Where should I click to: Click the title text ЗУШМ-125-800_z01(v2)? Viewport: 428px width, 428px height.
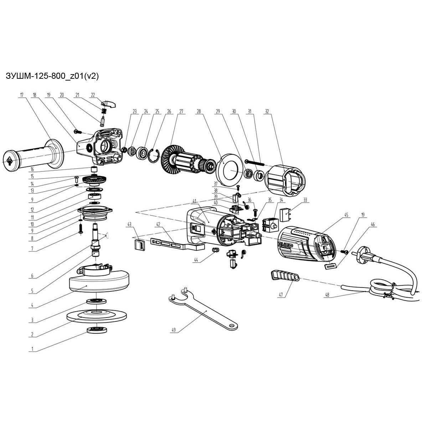52,76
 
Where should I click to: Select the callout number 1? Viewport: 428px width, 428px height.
32,349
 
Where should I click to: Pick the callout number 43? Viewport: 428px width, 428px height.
129,225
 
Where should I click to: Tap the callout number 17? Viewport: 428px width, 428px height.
22,95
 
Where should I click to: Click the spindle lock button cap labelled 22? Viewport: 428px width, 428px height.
109,103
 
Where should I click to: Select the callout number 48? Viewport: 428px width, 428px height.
327,295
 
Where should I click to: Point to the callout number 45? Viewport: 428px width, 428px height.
346,215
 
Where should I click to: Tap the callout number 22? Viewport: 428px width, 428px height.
93,95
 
